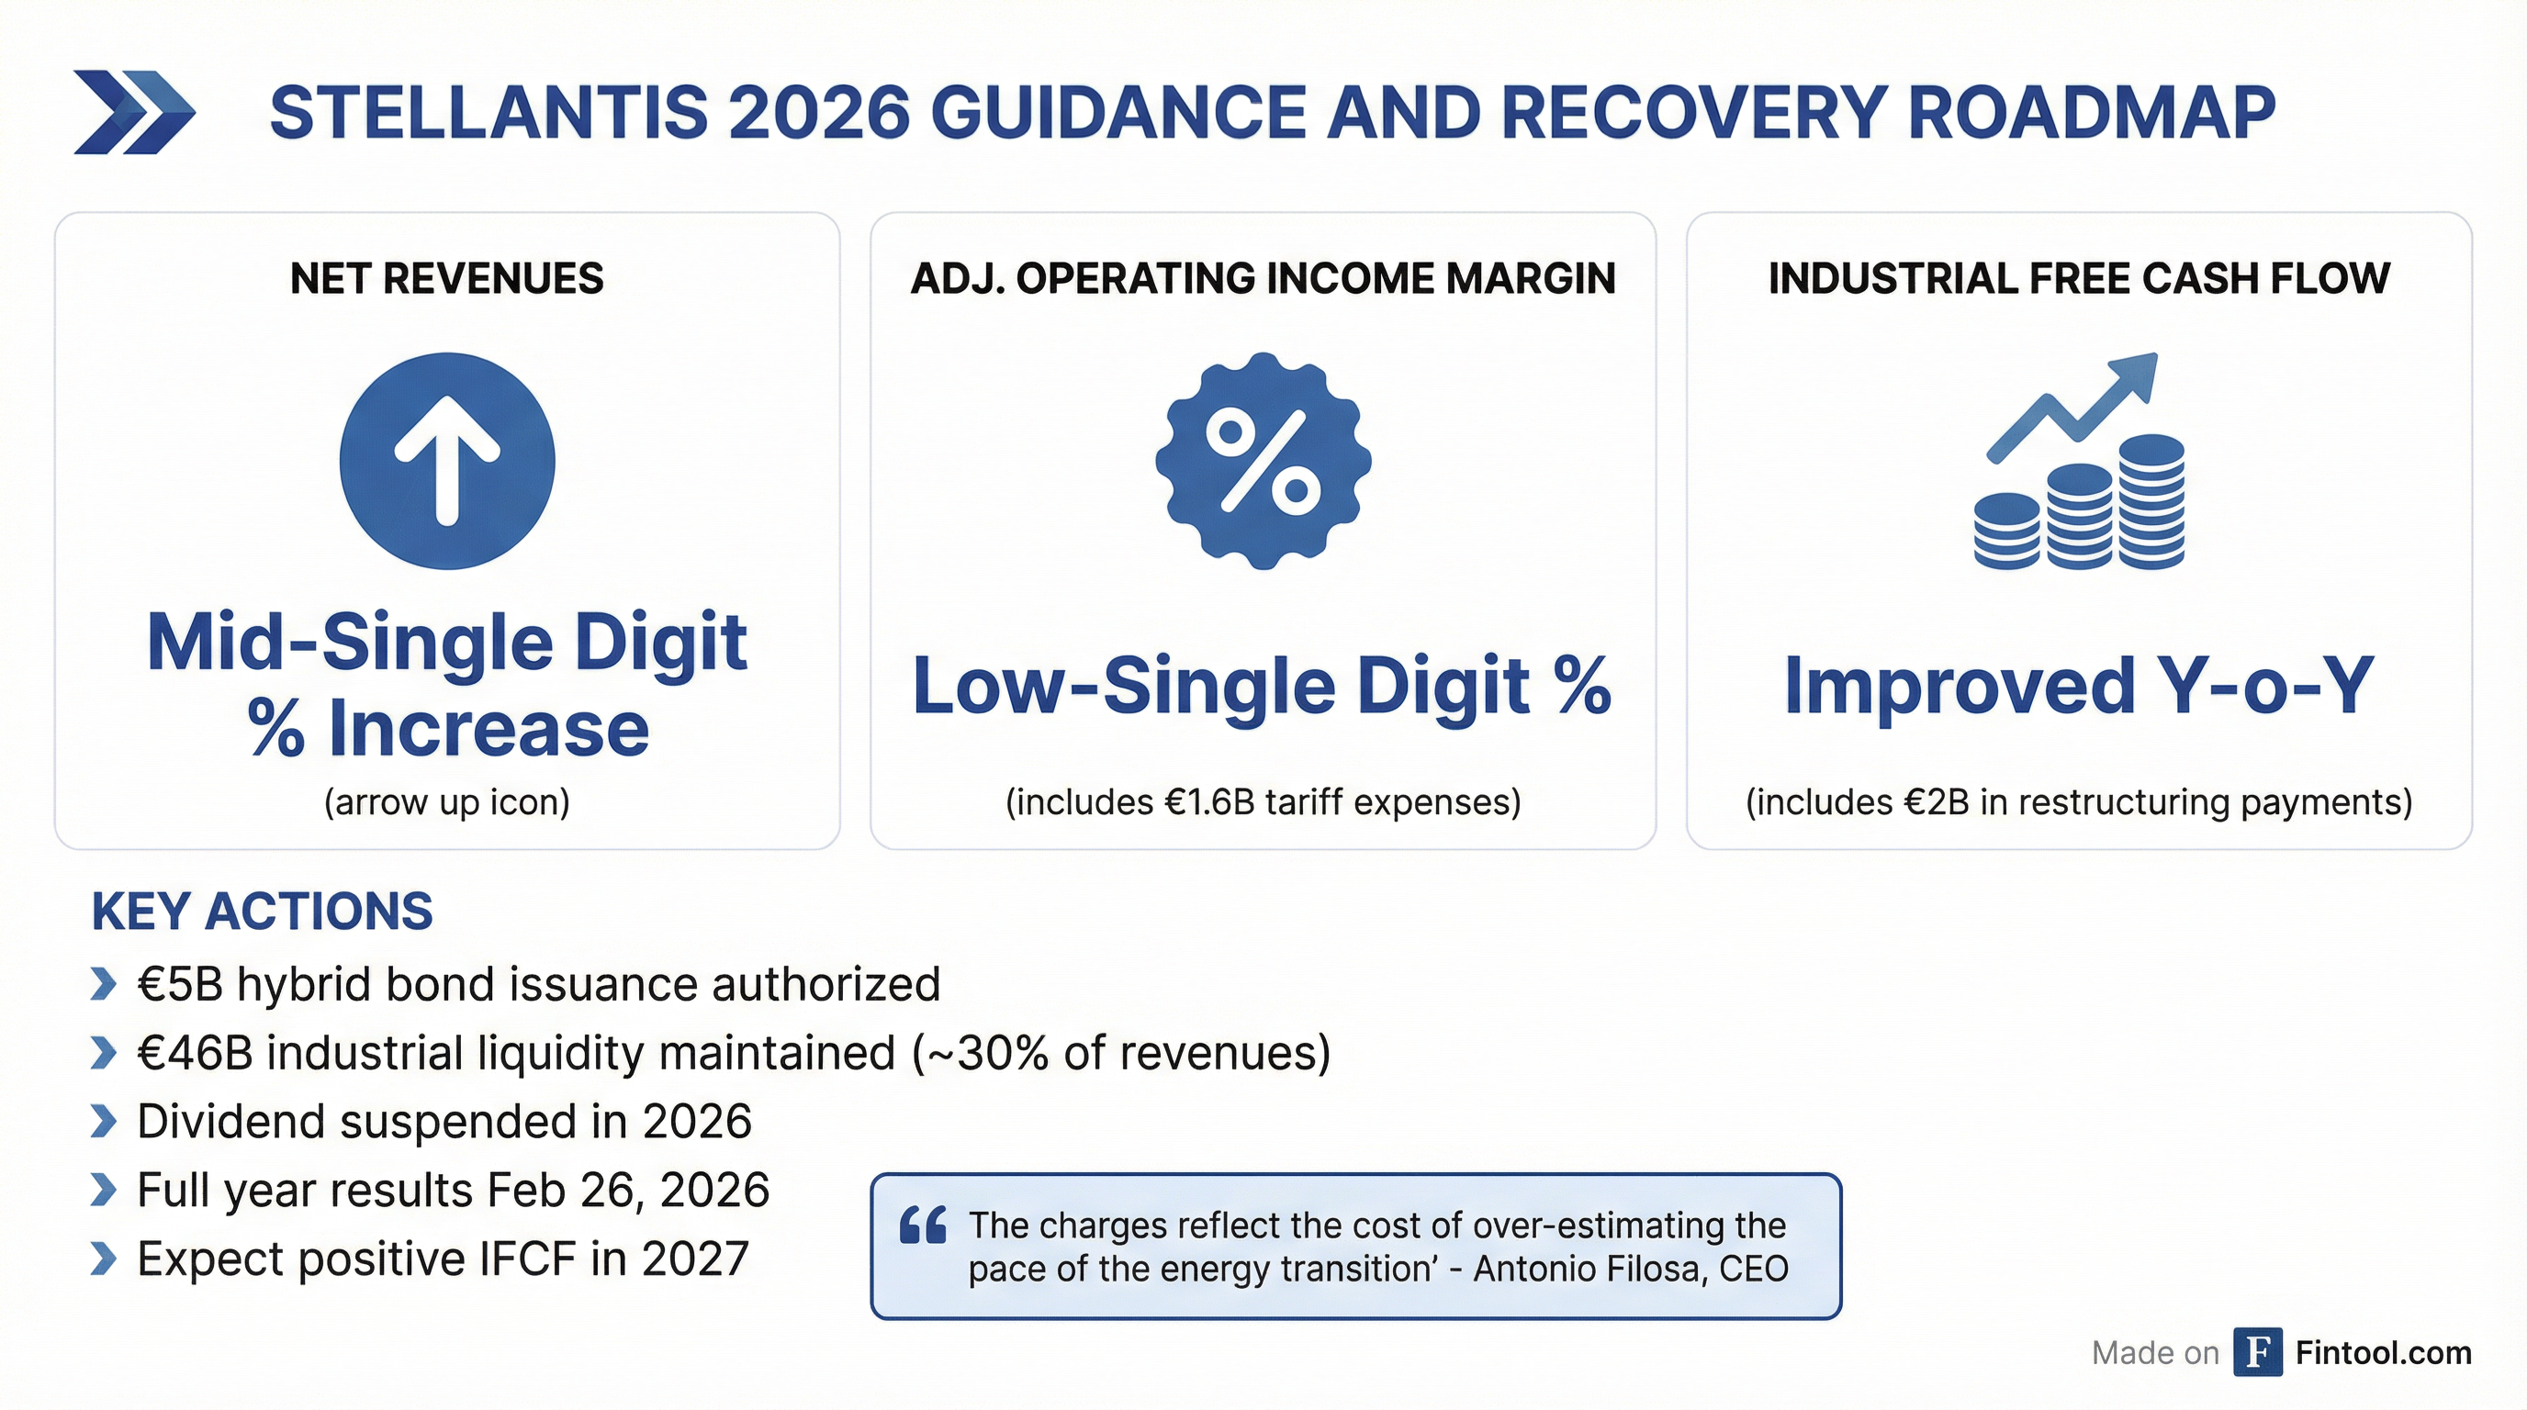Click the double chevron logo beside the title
click(134, 113)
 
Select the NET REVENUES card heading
click(446, 278)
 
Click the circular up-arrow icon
click(447, 461)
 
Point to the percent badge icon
click(1263, 461)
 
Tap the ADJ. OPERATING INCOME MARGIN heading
click(1263, 278)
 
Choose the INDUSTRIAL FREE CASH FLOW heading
click(2079, 278)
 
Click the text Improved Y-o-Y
click(2079, 686)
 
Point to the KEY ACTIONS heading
click(262, 911)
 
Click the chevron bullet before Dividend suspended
click(103, 1122)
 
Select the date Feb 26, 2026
click(628, 1191)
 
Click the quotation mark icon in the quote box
click(922, 1225)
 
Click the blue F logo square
click(2257, 1352)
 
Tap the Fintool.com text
click(2383, 1353)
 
